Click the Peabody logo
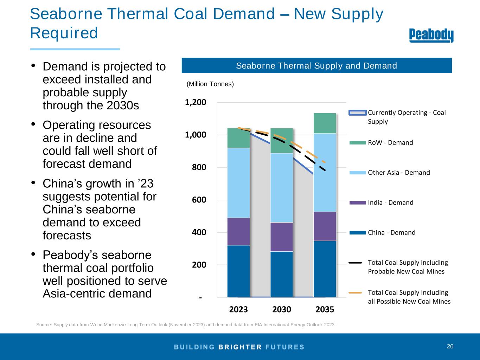pyautogui.click(x=431, y=36)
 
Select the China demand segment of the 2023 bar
pyautogui.click(x=238, y=271)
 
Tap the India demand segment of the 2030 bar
pyautogui.click(x=281, y=237)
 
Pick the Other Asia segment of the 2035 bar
pyautogui.click(x=325, y=173)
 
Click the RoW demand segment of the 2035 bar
pyautogui.click(x=325, y=123)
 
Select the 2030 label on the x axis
pyautogui.click(x=282, y=309)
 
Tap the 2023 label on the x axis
pyautogui.click(x=238, y=309)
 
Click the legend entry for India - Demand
pyautogui.click(x=390, y=202)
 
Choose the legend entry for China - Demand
pyautogui.click(x=391, y=232)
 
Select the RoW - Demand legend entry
pyautogui.click(x=390, y=143)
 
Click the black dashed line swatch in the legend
pyautogui.click(x=355, y=263)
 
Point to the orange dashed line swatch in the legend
pyautogui.click(x=355, y=292)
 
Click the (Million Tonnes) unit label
pyautogui.click(x=210, y=84)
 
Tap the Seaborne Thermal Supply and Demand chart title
pyautogui.click(x=316, y=66)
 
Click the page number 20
pyautogui.click(x=450, y=347)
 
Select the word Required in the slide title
pyautogui.click(x=64, y=33)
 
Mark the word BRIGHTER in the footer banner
pyautogui.click(x=240, y=347)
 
